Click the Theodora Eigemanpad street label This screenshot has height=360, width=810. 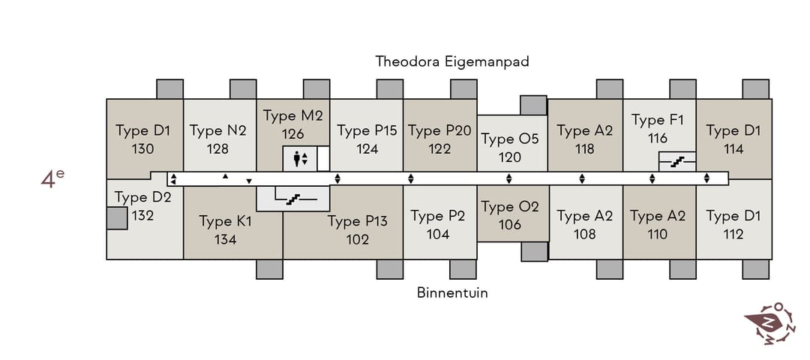pyautogui.click(x=452, y=61)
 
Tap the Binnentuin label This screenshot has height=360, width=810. pyautogui.click(x=452, y=292)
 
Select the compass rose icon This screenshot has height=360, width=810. pyautogui.click(x=769, y=323)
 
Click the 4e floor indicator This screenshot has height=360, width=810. pyautogui.click(x=52, y=178)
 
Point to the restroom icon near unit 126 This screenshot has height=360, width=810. pyautogui.click(x=300, y=158)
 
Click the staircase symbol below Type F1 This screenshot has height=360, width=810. pyautogui.click(x=676, y=162)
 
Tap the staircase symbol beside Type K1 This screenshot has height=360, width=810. pyautogui.click(x=293, y=198)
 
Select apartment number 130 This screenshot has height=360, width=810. pyautogui.click(x=143, y=149)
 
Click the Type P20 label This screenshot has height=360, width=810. pyautogui.click(x=439, y=130)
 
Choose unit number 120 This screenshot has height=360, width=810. pyautogui.click(x=510, y=157)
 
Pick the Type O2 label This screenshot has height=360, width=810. pyautogui.click(x=510, y=206)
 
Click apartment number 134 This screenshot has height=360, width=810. pyautogui.click(x=226, y=240)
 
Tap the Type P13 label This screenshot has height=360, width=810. pyautogui.click(x=358, y=221)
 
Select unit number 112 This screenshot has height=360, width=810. pyautogui.click(x=733, y=234)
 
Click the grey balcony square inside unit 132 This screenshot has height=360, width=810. pyautogui.click(x=117, y=218)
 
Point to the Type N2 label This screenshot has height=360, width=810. pyautogui.click(x=217, y=130)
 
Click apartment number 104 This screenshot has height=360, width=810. pyautogui.click(x=438, y=234)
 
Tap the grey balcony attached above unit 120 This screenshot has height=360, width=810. pyautogui.click(x=534, y=105)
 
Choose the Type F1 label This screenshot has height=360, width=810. pyautogui.click(x=658, y=120)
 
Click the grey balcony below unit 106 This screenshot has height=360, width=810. pyautogui.click(x=534, y=251)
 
